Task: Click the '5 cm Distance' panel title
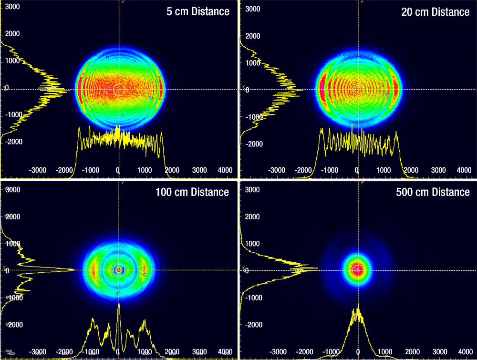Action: pos(197,12)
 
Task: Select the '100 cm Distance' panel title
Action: pos(192,193)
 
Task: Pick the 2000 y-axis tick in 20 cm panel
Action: pos(253,36)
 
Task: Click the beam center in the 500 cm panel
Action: pos(358,270)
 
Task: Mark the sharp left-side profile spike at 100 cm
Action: pos(73,270)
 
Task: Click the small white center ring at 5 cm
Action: pos(119,89)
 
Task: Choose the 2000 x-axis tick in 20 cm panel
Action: pos(411,170)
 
